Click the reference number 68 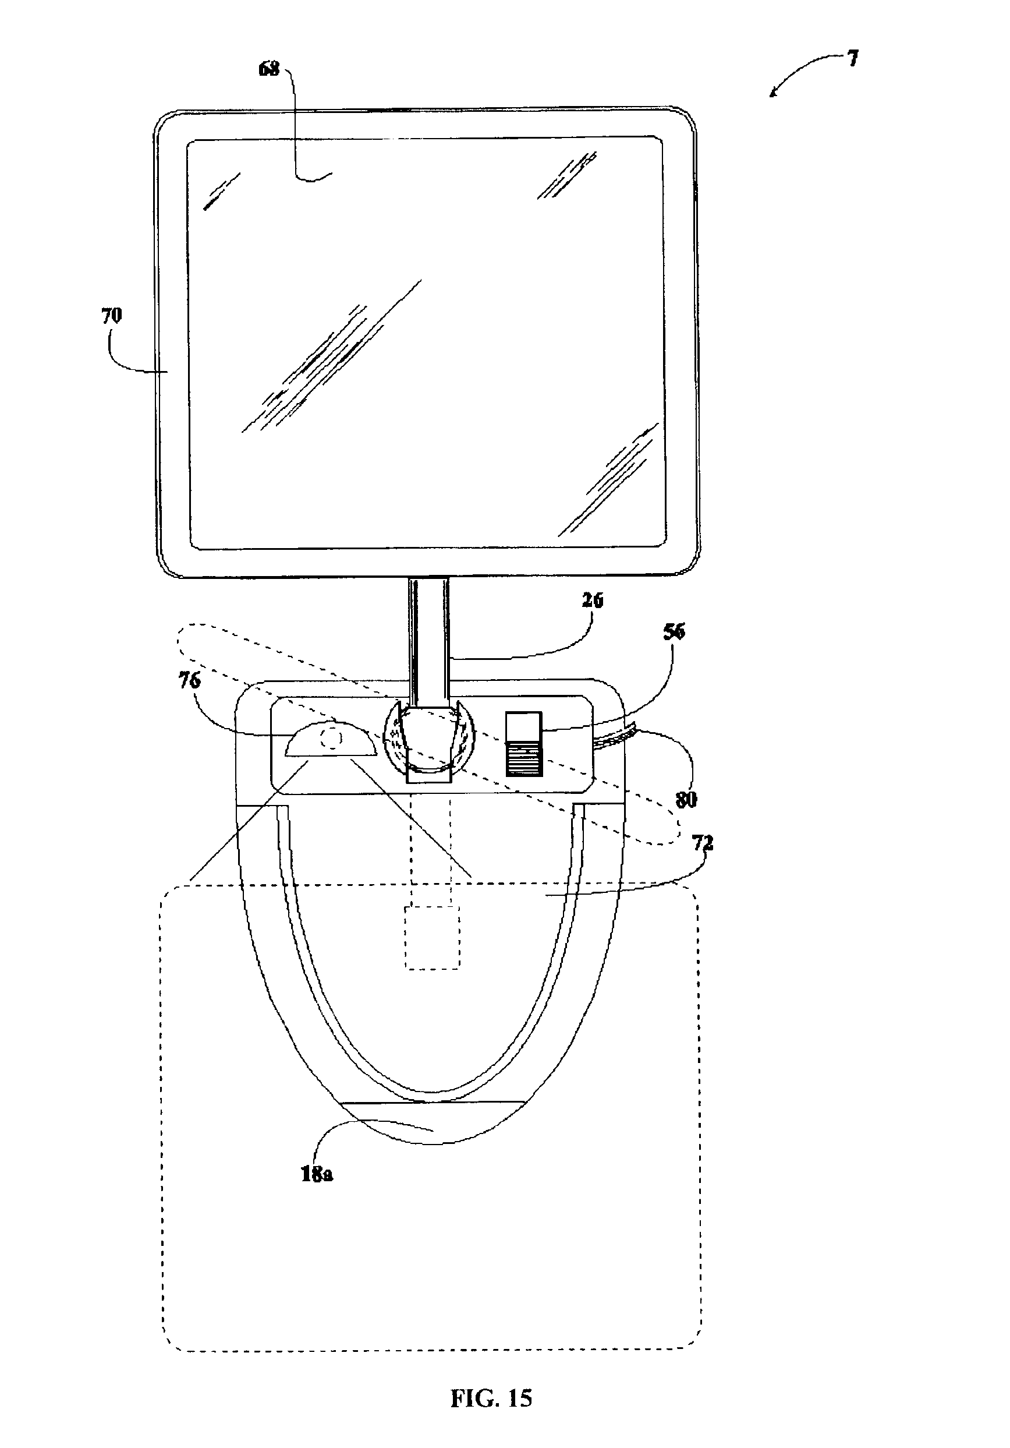pyautogui.click(x=268, y=69)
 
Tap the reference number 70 pyautogui.click(x=112, y=316)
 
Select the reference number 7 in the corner pyautogui.click(x=852, y=59)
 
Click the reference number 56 pyautogui.click(x=674, y=632)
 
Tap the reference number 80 pyautogui.click(x=686, y=800)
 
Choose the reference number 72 pyautogui.click(x=703, y=843)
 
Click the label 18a pyautogui.click(x=317, y=1174)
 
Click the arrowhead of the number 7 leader pyautogui.click(x=773, y=94)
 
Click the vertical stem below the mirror pyautogui.click(x=430, y=631)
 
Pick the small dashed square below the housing pyautogui.click(x=432, y=937)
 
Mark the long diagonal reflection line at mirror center pyautogui.click(x=331, y=356)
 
